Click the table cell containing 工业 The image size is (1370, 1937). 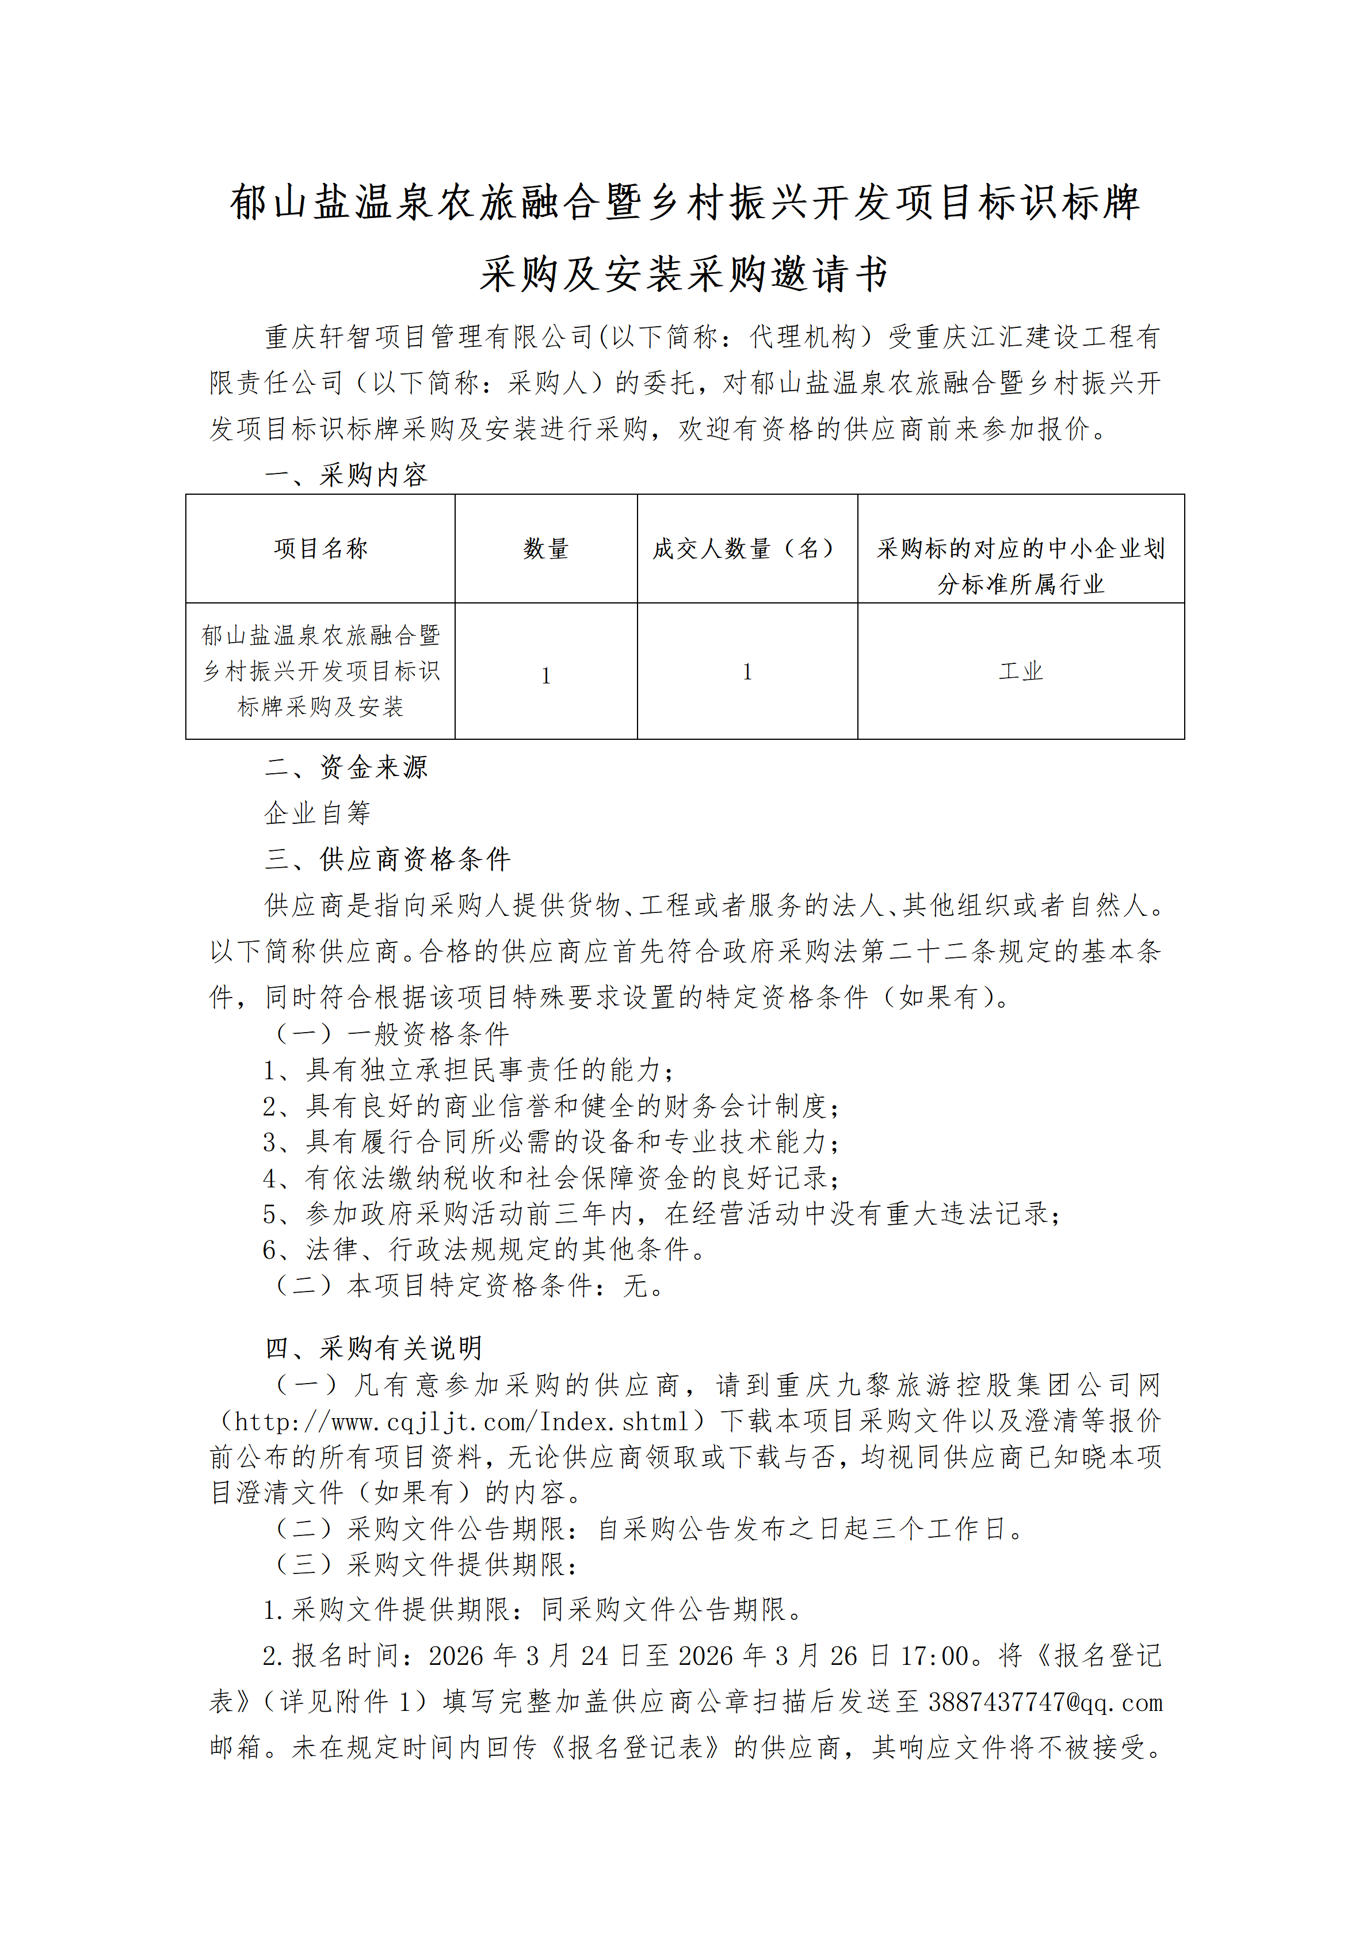[1021, 671]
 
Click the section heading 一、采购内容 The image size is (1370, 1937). [346, 475]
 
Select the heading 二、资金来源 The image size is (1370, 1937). [346, 767]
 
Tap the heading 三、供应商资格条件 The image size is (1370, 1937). [387, 859]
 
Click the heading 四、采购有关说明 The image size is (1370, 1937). [373, 1348]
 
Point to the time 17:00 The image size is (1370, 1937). [934, 1656]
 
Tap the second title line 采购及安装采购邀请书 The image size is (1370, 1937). [684, 274]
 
